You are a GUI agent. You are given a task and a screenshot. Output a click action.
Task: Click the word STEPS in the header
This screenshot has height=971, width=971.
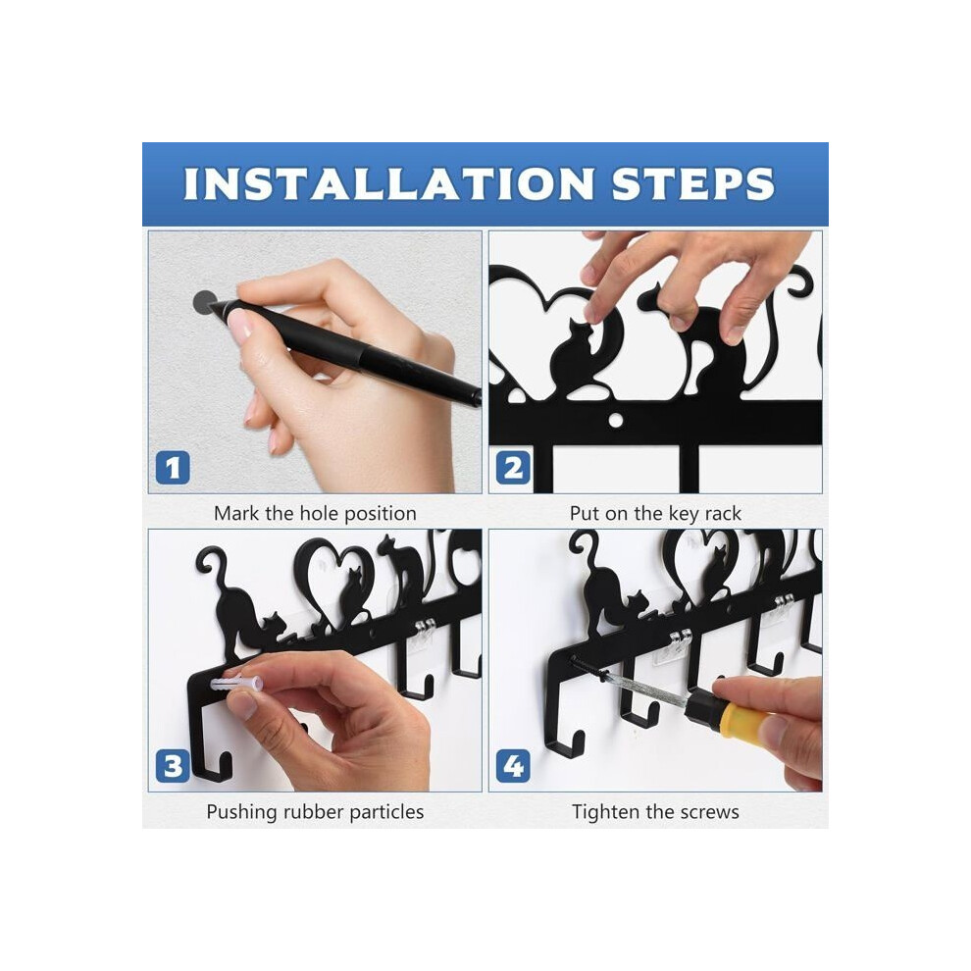[693, 184]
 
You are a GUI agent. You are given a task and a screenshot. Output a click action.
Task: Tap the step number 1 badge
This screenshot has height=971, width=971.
[173, 468]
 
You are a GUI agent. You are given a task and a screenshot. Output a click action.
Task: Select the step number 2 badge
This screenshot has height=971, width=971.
[513, 468]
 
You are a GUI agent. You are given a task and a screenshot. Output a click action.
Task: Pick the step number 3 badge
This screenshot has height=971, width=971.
[173, 766]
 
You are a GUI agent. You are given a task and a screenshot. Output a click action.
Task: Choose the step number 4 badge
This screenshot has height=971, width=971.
[513, 766]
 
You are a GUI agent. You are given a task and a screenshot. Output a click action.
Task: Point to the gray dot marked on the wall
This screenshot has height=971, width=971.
[204, 301]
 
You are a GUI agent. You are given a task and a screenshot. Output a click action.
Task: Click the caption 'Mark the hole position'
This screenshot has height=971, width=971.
[315, 513]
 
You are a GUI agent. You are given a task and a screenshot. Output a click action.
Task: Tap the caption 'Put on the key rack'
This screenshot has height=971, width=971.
[655, 513]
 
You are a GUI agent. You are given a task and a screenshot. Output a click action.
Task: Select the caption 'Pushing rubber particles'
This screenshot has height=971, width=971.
[315, 811]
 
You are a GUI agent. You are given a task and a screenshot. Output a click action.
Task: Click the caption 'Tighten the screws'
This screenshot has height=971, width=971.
[655, 811]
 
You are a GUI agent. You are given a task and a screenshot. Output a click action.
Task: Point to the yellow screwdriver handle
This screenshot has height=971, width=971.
[743, 717]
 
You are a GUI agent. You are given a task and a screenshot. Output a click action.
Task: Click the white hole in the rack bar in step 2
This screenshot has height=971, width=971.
[616, 421]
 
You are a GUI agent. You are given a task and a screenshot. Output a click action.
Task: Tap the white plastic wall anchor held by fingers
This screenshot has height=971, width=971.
[236, 684]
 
